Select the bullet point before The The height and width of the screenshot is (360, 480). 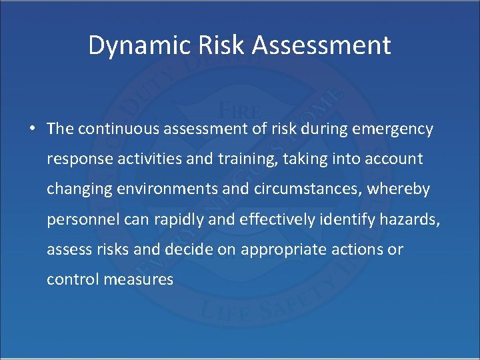[33, 129]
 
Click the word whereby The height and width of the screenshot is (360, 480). [402, 189]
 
